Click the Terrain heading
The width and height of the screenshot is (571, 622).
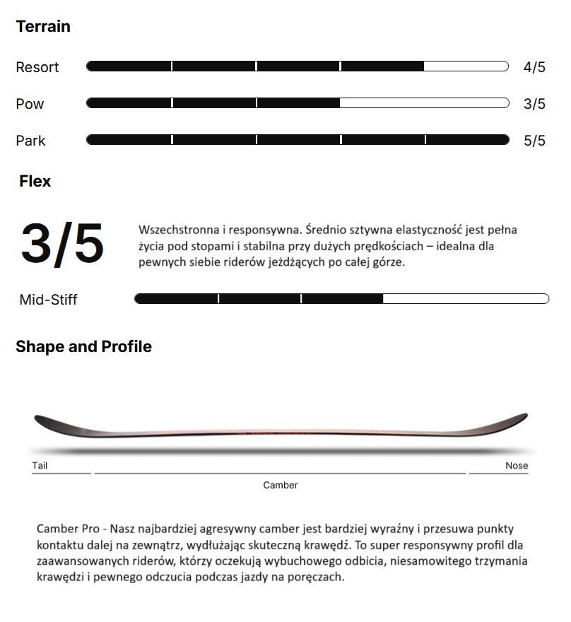(x=43, y=27)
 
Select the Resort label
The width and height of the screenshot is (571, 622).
(x=37, y=67)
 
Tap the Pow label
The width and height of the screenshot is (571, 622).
(x=30, y=104)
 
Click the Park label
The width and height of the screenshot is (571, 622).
(x=30, y=141)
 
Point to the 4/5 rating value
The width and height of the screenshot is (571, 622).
(x=534, y=67)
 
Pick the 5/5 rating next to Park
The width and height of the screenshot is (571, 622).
(x=534, y=141)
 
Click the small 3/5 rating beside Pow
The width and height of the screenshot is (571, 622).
(x=534, y=104)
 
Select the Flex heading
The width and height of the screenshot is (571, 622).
(x=35, y=182)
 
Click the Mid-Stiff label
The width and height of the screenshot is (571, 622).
(x=48, y=300)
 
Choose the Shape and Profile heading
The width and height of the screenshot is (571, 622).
(x=83, y=347)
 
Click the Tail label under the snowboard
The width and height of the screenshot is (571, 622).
(x=40, y=466)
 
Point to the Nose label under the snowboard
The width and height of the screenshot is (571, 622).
(x=517, y=466)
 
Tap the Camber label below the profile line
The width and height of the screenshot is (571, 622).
(x=281, y=485)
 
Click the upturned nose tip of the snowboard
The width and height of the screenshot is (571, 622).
(x=522, y=416)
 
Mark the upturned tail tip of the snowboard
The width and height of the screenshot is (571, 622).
(x=41, y=419)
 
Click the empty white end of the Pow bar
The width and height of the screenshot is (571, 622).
(x=424, y=103)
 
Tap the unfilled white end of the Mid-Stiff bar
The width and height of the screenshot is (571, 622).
(x=466, y=299)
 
